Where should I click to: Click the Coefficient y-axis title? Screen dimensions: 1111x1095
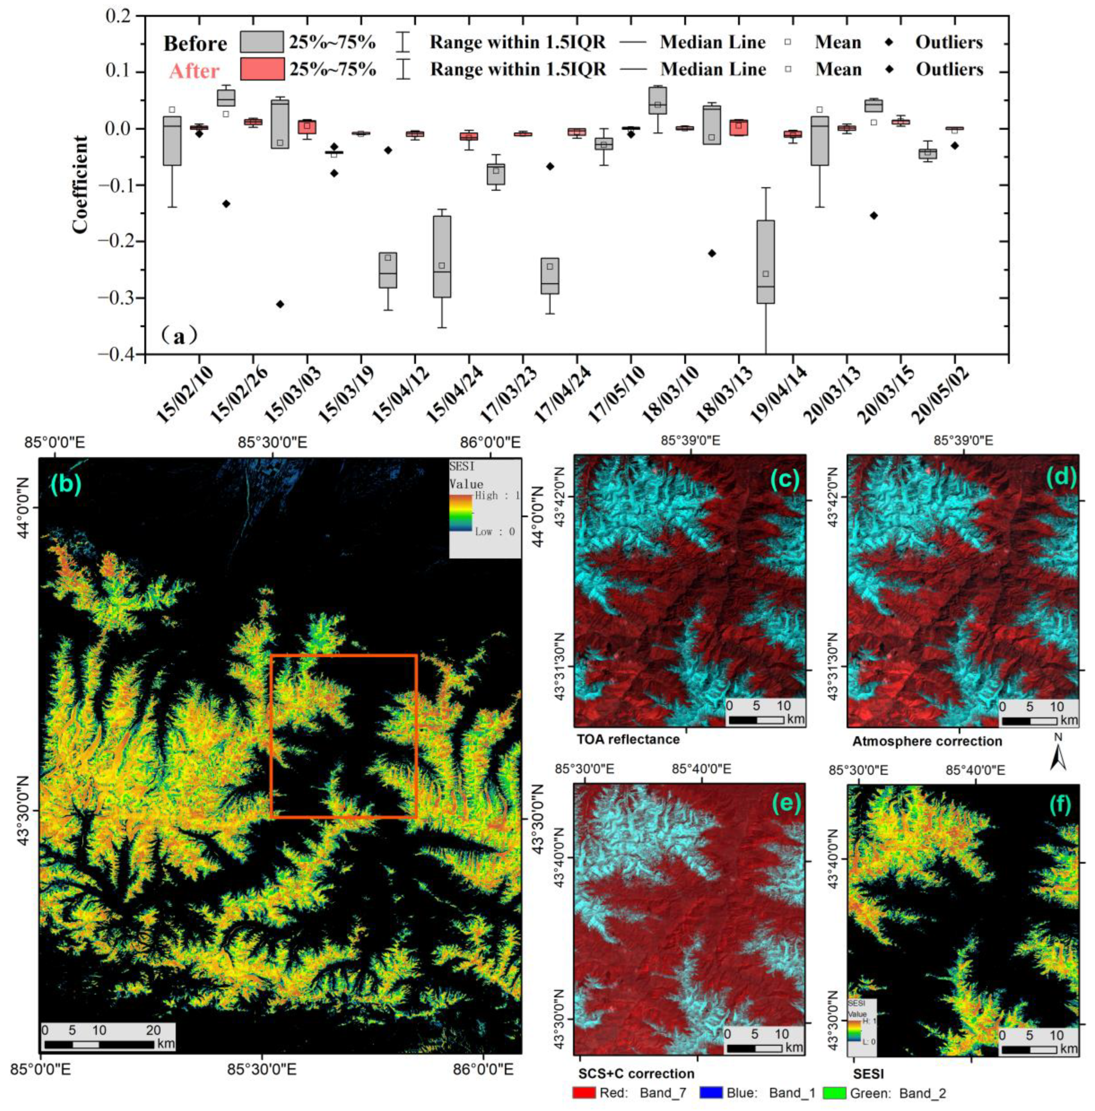(x=81, y=185)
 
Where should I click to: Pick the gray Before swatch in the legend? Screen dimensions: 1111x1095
(x=262, y=42)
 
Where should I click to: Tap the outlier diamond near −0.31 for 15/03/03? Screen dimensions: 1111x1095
(x=280, y=304)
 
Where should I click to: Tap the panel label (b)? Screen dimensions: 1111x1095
(x=66, y=485)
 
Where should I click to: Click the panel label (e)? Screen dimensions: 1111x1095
(x=785, y=804)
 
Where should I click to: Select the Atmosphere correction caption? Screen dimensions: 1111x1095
(x=927, y=741)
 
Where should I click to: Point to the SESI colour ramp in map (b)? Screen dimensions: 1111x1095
(x=460, y=513)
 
